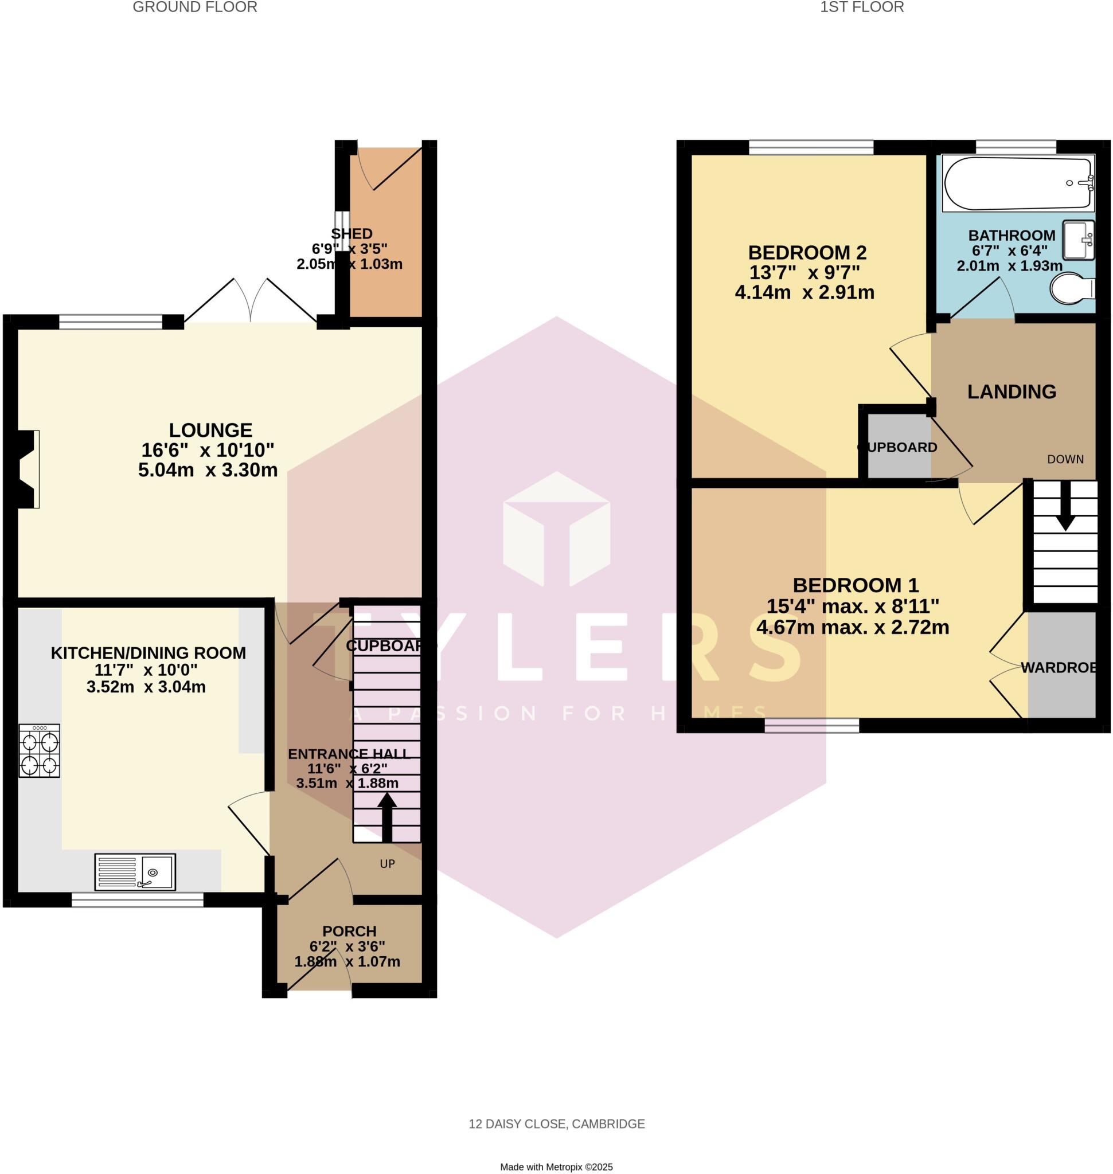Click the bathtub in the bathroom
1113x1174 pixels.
click(x=1018, y=183)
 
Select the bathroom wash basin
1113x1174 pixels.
click(x=1078, y=240)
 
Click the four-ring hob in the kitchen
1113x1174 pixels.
click(x=39, y=751)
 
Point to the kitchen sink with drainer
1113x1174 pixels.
click(x=135, y=871)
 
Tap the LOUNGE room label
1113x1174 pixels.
click(x=210, y=430)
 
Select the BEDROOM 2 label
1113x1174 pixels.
click(x=807, y=253)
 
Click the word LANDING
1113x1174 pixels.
click(x=1012, y=392)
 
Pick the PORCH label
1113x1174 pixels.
click(x=349, y=932)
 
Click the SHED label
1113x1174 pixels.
click(x=352, y=234)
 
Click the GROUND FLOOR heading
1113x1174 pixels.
click(x=194, y=7)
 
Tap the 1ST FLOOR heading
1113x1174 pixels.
click(x=862, y=7)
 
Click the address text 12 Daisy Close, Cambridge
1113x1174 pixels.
click(x=556, y=1124)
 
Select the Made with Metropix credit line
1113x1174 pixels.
click(x=556, y=1167)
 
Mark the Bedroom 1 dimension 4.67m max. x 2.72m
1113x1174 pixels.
click(x=853, y=627)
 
